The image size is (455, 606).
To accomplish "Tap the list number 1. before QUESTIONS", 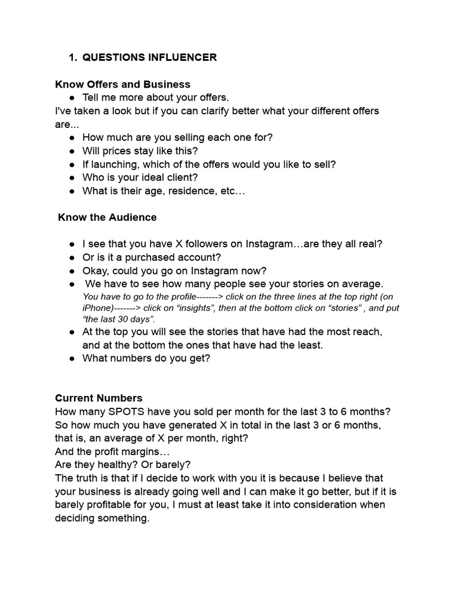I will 73,57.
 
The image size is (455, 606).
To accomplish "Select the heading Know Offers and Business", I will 123,84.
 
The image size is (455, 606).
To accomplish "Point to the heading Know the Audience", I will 107,217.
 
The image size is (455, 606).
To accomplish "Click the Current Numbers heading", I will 99,398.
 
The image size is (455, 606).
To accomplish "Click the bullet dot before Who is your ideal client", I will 72,178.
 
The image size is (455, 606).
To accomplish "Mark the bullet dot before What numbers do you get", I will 72,358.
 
